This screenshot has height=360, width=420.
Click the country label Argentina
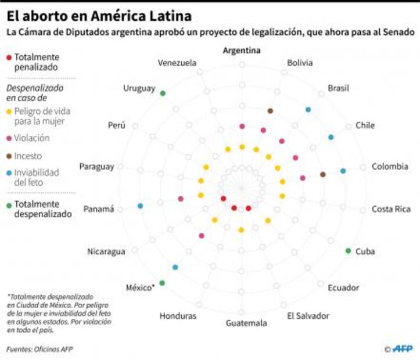click(x=242, y=51)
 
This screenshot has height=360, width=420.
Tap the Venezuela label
click(x=177, y=63)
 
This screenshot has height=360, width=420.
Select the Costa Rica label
click(x=391, y=209)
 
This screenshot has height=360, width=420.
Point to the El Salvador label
click(x=308, y=316)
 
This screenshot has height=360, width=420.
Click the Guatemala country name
click(x=246, y=323)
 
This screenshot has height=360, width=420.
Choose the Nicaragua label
click(x=106, y=251)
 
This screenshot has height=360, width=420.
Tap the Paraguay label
click(x=97, y=167)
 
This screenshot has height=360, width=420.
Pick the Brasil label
click(x=338, y=88)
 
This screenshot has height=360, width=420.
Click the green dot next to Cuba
click(x=348, y=251)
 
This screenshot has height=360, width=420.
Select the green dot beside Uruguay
click(x=163, y=93)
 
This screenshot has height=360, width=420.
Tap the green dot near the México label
click(x=162, y=283)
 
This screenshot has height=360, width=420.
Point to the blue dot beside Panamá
click(x=140, y=206)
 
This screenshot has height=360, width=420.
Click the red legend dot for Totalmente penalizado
click(x=8, y=57)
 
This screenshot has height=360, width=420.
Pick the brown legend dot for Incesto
click(x=8, y=156)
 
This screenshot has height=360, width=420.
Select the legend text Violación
click(x=32, y=138)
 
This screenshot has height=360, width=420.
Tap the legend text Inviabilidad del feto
click(x=37, y=177)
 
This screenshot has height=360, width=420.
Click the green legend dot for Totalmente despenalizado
click(x=8, y=204)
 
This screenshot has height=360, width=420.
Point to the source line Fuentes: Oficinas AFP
click(x=40, y=349)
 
